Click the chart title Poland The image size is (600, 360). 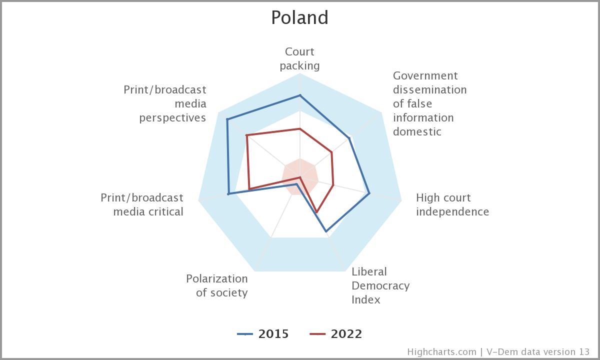tap(299, 17)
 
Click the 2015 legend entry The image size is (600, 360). tap(263, 334)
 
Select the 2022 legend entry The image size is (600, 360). tap(335, 334)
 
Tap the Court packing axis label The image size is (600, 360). tap(299, 58)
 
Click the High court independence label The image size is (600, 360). tap(452, 204)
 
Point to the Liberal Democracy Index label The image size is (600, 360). tap(380, 285)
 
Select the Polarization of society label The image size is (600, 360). tap(217, 285)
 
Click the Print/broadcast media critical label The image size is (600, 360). tap(142, 204)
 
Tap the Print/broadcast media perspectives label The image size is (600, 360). tap(165, 103)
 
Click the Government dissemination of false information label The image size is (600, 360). tap(429, 103)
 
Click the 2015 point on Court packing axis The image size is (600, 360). tap(300, 95)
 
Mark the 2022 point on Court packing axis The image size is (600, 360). tap(300, 129)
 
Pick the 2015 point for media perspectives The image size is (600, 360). tap(227, 119)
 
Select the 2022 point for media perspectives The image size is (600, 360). tap(246, 135)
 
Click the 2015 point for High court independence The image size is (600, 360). tap(369, 193)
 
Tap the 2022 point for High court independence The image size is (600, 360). tap(333, 185)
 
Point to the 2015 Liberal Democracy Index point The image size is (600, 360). tap(326, 231)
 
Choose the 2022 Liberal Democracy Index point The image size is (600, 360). tap(316, 212)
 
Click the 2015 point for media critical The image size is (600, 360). tap(228, 193)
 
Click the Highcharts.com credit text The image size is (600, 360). tap(441, 351)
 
